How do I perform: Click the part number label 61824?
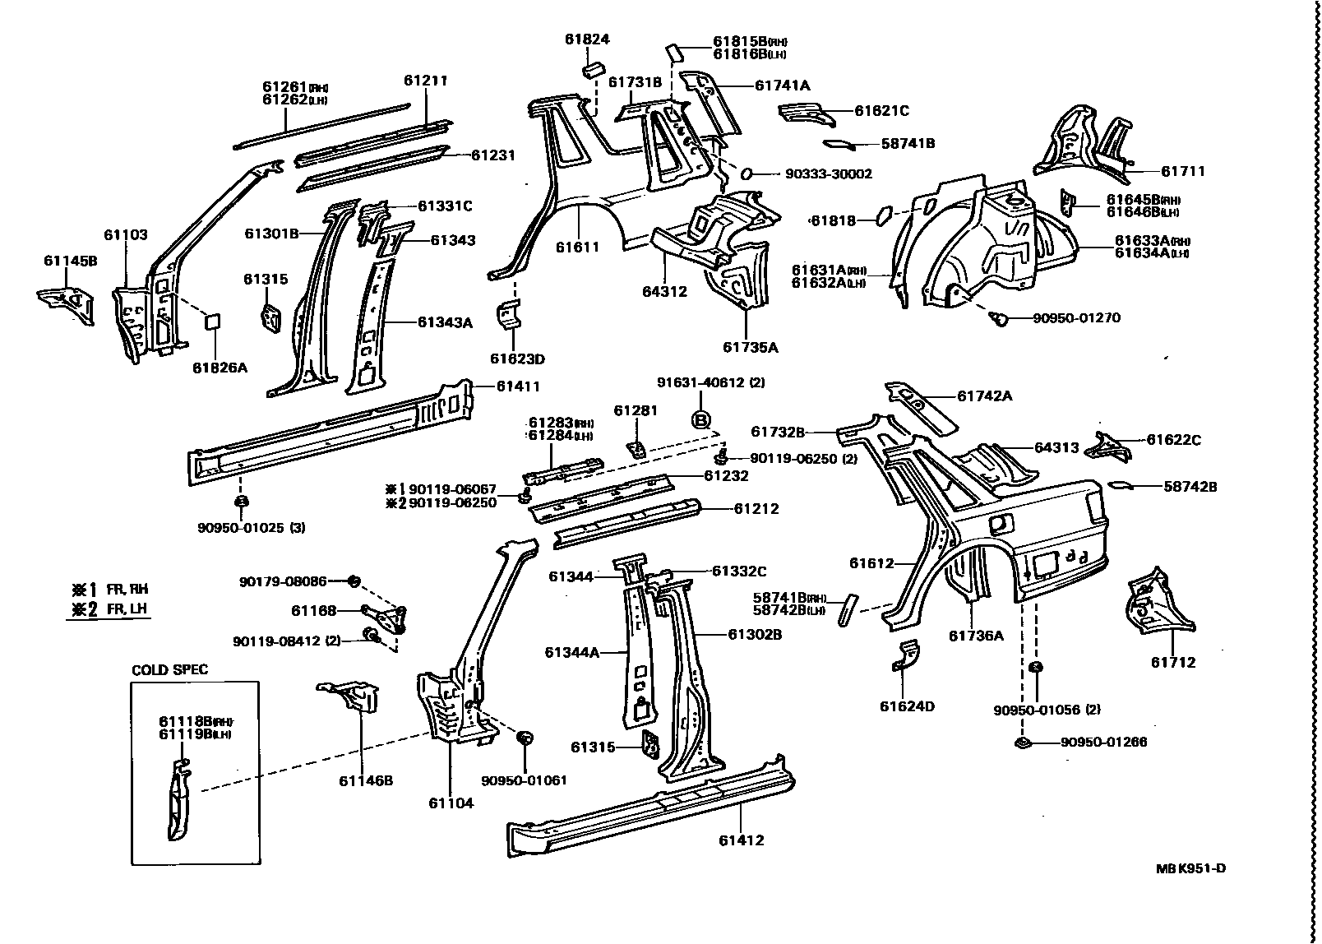(587, 39)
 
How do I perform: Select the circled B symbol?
(700, 420)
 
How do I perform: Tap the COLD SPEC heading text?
(170, 669)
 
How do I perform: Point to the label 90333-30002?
(828, 174)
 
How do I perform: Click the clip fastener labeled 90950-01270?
(1001, 318)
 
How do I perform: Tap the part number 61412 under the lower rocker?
(741, 840)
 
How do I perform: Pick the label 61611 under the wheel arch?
(577, 247)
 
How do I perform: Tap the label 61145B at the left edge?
(70, 261)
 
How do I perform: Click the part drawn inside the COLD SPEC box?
(178, 802)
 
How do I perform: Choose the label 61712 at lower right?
(1172, 662)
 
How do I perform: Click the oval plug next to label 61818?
(881, 215)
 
